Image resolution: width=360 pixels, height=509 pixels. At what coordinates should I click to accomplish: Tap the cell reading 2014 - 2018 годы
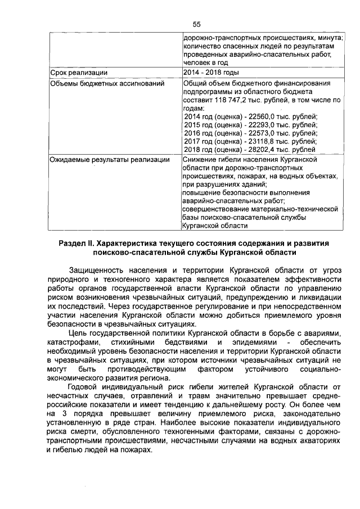(x=211, y=73)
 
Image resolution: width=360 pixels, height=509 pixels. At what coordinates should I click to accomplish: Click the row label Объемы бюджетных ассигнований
(x=107, y=84)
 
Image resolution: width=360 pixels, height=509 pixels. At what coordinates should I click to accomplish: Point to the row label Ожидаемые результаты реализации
(x=110, y=160)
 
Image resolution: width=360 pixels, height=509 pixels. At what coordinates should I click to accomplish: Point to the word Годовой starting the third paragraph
(x=83, y=386)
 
